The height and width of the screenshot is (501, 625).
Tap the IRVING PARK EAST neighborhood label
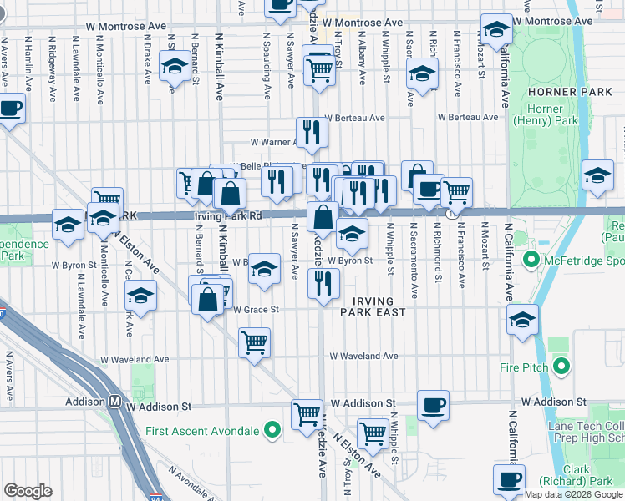point(373,305)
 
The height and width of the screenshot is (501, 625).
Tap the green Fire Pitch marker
point(561,367)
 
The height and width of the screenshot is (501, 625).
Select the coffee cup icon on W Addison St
point(432,406)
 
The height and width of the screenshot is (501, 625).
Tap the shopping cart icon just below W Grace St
point(254,342)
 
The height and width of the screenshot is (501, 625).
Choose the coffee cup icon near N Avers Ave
point(11,109)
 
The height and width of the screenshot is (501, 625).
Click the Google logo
point(28,491)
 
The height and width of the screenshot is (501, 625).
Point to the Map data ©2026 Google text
point(573,493)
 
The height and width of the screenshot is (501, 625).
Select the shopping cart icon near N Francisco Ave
point(456,192)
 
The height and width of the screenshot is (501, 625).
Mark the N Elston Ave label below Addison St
point(358,456)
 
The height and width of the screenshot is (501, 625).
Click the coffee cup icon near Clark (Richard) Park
point(509,478)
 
